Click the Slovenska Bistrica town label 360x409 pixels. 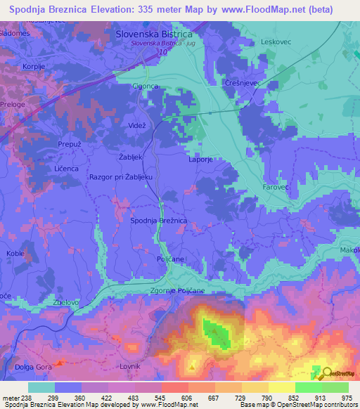tap(153, 34)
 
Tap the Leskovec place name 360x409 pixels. tap(276, 41)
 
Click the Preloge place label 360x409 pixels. tap(13, 105)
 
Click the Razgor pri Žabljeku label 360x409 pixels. tap(121, 178)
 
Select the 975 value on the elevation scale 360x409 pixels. tap(347, 398)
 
